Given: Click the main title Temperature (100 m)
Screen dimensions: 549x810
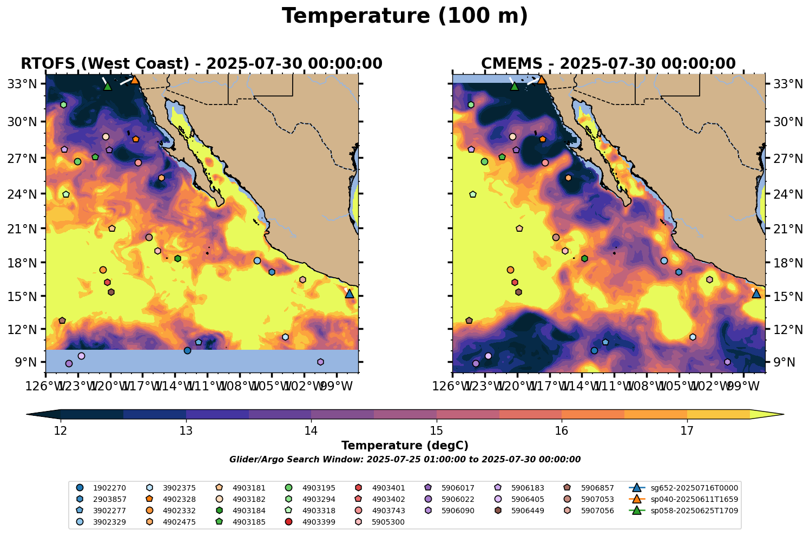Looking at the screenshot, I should tap(405, 16).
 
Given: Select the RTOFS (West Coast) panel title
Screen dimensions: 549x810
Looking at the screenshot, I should tap(201, 64).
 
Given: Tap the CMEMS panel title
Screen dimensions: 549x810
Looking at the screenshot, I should tap(608, 64).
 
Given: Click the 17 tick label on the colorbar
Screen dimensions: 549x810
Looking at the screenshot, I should tap(687, 431).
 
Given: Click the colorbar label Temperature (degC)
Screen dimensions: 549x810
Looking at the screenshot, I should tap(405, 446).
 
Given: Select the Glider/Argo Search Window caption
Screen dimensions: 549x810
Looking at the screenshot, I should tap(405, 460).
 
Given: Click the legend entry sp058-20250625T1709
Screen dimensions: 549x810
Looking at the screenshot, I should tap(694, 511).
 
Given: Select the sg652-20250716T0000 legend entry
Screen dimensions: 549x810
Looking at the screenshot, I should tap(694, 488).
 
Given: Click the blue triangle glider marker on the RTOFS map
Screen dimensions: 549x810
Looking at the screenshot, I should tap(350, 293).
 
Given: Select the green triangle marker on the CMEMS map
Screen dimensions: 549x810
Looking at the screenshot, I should tap(515, 86).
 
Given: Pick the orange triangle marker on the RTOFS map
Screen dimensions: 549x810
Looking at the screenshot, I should tap(135, 80).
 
